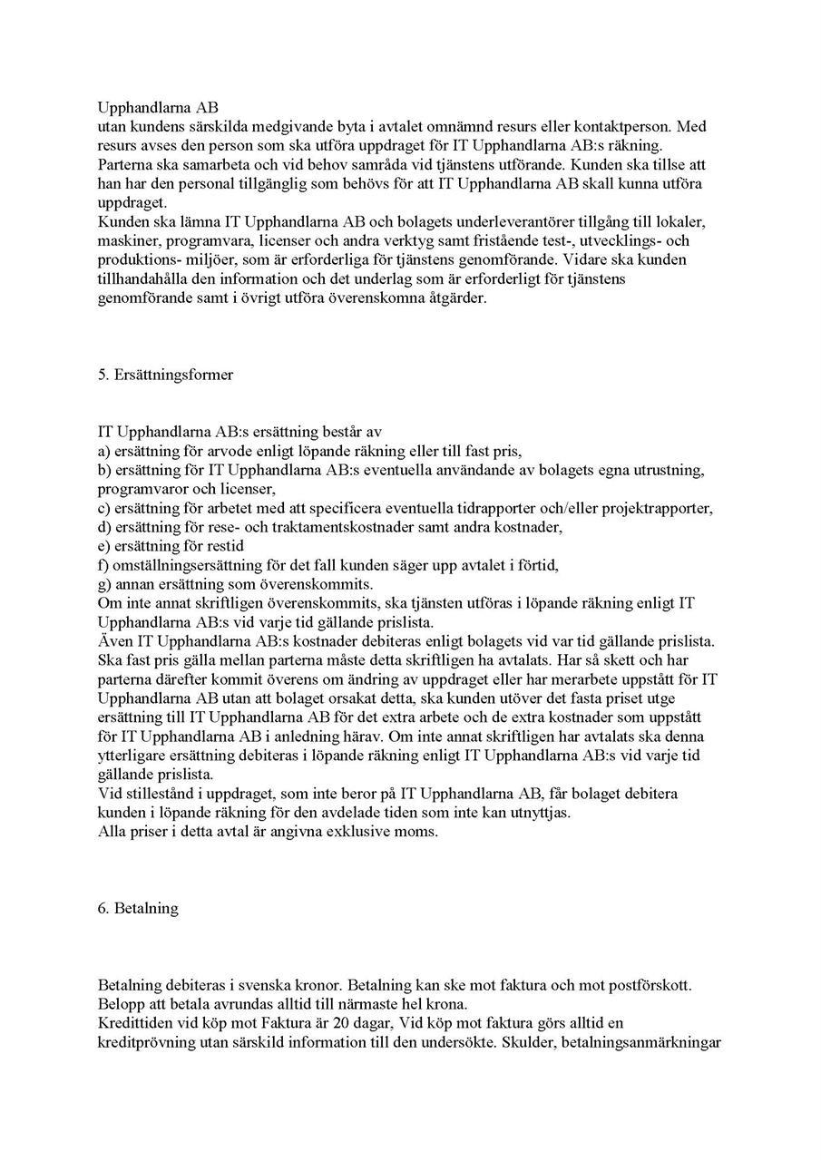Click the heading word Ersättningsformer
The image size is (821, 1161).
point(172,375)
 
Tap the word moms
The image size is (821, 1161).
point(417,832)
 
